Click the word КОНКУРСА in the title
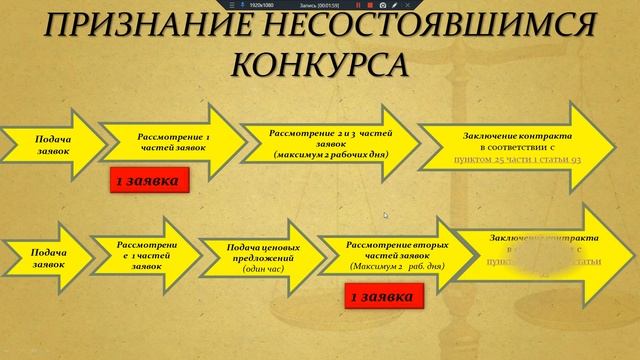tap(319, 64)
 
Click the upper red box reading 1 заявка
tap(147, 181)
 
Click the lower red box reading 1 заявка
tap(378, 297)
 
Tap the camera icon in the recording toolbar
tap(383, 4)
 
